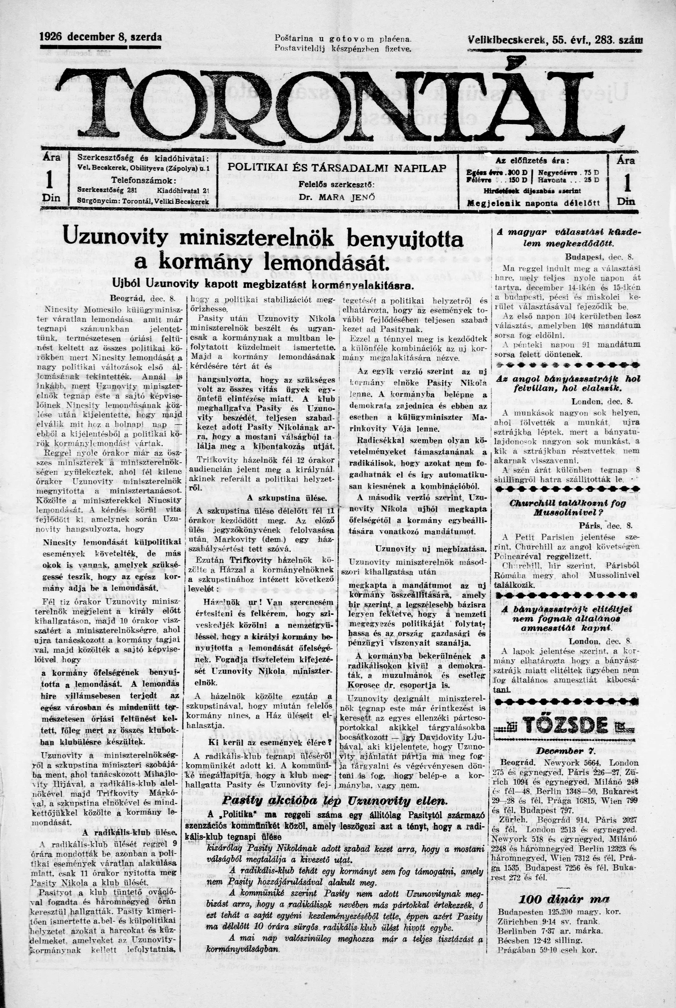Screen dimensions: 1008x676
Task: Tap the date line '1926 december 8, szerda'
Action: [x=101, y=38]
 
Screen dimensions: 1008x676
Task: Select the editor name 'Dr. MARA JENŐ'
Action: [x=337, y=197]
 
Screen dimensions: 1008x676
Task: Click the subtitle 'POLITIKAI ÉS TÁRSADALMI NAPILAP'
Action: [x=337, y=168]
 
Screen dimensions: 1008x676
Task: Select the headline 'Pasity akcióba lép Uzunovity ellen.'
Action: [x=334, y=801]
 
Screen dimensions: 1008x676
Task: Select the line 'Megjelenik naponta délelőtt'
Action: [x=534, y=202]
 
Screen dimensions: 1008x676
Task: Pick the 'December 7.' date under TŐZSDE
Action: [x=566, y=751]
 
